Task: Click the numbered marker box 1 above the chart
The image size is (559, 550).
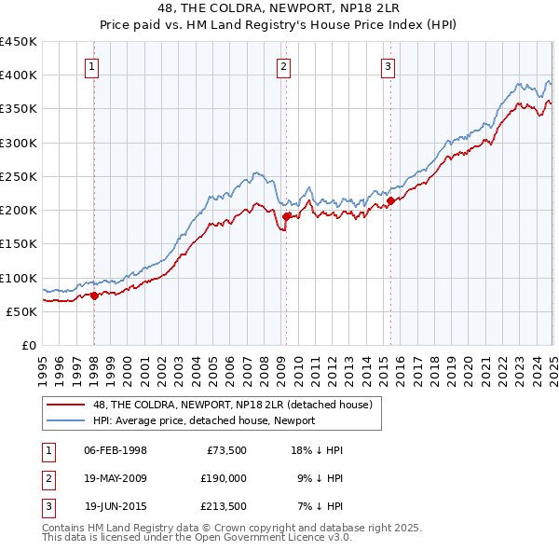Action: tap(94, 66)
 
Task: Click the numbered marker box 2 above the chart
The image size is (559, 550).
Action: tap(282, 66)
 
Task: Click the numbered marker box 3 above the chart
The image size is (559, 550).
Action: tap(387, 66)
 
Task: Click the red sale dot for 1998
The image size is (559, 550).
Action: tap(94, 296)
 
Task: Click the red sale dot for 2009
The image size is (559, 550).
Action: tap(286, 216)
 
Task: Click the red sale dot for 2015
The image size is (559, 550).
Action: tap(390, 199)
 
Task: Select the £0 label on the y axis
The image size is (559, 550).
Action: tap(28, 345)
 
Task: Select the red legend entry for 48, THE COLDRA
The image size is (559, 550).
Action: tap(232, 405)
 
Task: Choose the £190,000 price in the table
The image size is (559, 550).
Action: tap(223, 478)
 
